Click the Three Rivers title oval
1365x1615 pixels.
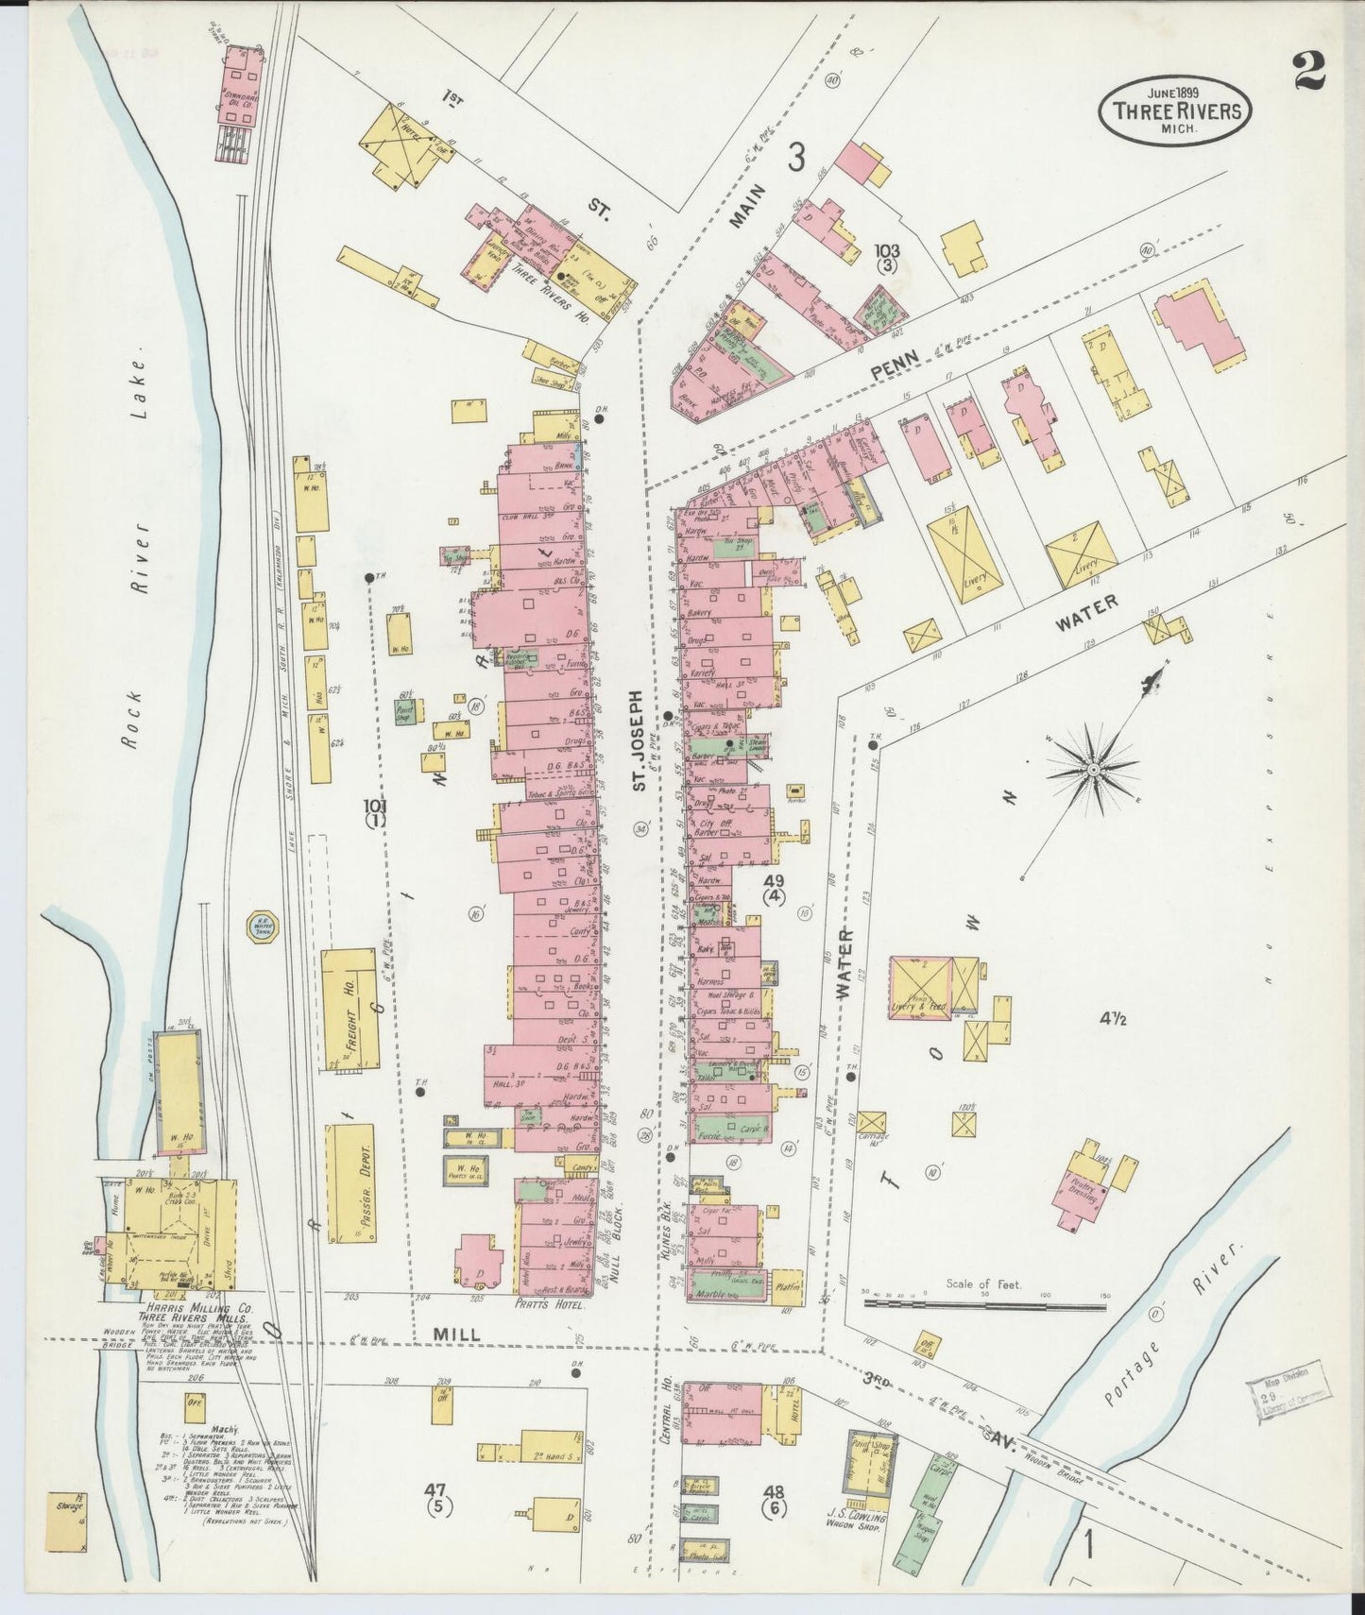[1175, 108]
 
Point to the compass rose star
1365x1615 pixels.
[1092, 770]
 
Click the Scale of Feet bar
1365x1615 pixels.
[984, 1307]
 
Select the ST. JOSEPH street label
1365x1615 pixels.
[639, 739]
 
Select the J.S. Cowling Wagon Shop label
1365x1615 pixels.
[857, 1520]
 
